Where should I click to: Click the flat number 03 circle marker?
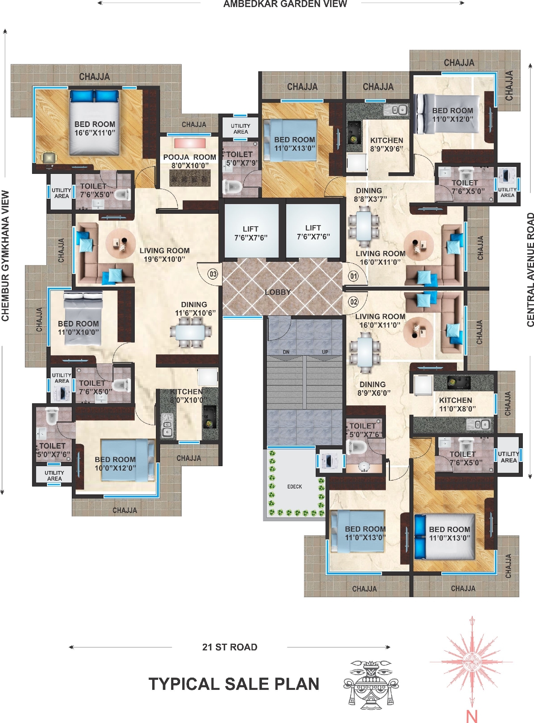tap(213, 274)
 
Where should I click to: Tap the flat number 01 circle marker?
tap(353, 276)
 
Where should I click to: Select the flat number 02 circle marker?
tap(353, 302)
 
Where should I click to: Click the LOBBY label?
tap(278, 292)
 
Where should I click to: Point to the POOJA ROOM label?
tap(189, 157)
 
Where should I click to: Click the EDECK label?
tap(294, 487)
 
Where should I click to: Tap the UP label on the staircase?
tap(325, 352)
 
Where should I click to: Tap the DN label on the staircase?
tap(286, 352)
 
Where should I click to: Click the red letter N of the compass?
tap(471, 716)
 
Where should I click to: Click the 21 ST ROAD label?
tap(230, 647)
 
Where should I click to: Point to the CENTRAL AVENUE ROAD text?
tap(530, 270)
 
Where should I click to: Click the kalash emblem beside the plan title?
tap(371, 685)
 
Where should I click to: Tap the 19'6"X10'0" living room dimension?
tap(164, 259)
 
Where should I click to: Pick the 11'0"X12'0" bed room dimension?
tap(453, 119)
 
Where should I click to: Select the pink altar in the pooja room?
tap(190, 143)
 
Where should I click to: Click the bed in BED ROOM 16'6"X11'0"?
tap(95, 123)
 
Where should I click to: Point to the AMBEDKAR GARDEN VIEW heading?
tap(285, 4)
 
